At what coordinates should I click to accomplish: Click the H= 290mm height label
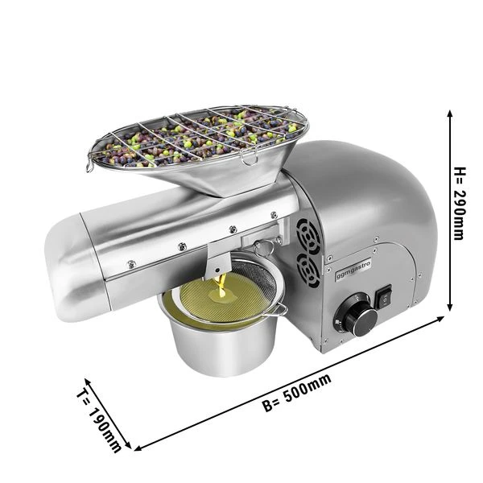coord(459,204)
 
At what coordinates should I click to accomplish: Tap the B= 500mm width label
coord(297,393)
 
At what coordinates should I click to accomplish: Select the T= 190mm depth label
coord(98,420)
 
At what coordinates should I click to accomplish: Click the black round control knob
coord(361,321)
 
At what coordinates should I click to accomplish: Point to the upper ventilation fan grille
coord(308,237)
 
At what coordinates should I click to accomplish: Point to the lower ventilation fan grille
coord(308,272)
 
